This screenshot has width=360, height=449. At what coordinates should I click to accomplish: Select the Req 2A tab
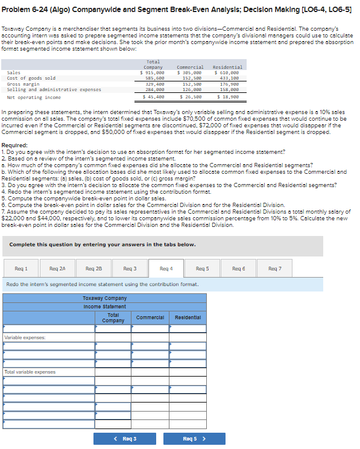pos(57,268)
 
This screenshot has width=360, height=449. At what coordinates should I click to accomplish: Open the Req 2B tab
pos(93,268)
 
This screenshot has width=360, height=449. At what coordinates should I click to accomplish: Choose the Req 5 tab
pos(203,268)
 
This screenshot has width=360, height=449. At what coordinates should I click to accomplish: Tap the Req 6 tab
pos(239,268)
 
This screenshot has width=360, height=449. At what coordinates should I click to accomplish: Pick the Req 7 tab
pos(276,268)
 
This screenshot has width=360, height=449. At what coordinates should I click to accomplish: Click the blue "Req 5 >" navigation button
pos(194,439)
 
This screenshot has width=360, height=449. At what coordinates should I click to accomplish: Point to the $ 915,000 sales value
pos(153,72)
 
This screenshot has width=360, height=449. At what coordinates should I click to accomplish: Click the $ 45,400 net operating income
pos(153,97)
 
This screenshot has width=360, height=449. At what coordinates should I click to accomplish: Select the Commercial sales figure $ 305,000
pos(190,72)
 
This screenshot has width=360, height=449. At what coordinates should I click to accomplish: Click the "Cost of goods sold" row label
pos(31,78)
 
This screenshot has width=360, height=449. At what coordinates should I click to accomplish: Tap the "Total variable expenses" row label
pos(30,372)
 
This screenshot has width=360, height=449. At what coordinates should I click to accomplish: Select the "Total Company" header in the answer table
pos(113,317)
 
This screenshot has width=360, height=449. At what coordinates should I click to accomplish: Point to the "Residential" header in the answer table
pos(188,317)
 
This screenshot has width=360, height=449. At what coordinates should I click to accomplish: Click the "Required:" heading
pos(15,145)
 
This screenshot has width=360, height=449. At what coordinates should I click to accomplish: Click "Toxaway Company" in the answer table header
pos(104,298)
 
